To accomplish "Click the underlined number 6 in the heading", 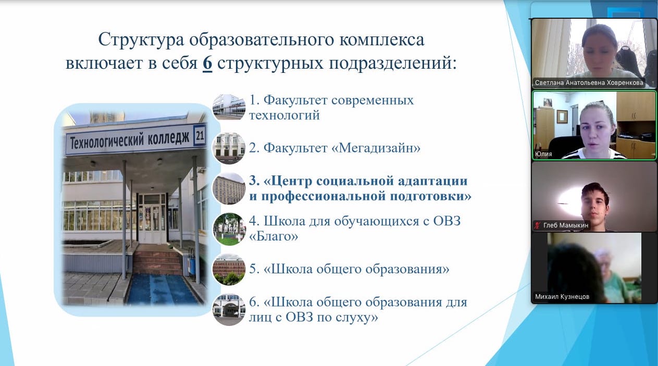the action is tap(207, 63).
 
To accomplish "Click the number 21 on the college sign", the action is tap(200, 135).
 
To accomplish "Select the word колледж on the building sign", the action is tap(168, 138).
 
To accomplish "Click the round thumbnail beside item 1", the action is tap(229, 107).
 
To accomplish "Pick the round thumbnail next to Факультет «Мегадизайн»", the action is tap(229, 148).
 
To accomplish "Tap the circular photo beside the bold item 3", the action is tap(229, 188).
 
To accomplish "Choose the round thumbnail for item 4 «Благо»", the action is tap(229, 229).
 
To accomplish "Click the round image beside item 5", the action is tap(229, 270).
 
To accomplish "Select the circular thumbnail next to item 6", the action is tap(229, 310).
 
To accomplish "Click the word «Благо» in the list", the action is tap(274, 236).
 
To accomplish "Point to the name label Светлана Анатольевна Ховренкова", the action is tap(589, 83).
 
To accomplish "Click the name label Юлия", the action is tap(543, 154).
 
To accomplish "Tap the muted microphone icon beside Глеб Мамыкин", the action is tap(537, 225).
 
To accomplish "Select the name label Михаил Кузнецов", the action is tap(562, 297).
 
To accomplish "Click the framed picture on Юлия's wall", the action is tap(562, 117).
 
